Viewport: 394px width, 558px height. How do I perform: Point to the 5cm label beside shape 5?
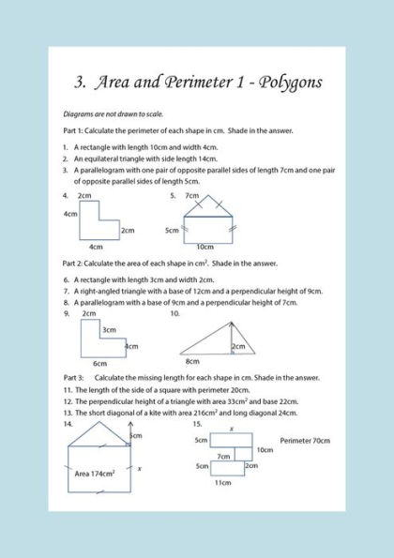[172, 230]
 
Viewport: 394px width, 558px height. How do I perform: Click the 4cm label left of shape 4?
[69, 214]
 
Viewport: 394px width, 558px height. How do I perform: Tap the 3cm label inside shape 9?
[109, 329]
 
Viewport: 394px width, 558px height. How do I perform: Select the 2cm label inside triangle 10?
[239, 346]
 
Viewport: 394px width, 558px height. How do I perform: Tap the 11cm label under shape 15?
[222, 482]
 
